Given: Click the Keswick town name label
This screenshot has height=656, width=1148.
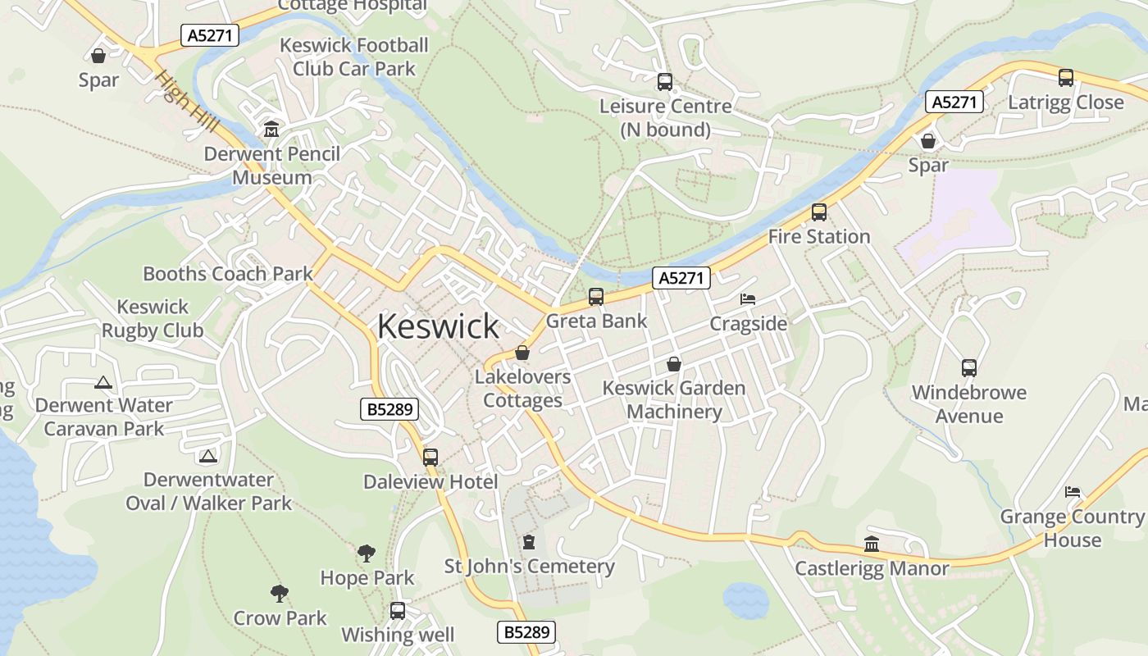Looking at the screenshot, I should click(438, 326).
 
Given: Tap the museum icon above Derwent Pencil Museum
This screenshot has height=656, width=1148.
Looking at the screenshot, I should click(271, 130).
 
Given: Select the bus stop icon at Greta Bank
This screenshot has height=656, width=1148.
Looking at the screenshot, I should click(596, 297).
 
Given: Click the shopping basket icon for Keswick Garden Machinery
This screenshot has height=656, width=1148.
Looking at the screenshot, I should click(674, 364).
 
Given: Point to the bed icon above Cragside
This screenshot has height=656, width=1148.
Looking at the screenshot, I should click(748, 299).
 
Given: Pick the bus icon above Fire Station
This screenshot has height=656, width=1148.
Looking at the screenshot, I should click(818, 212).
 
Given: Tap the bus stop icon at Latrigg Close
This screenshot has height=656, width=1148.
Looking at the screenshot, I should click(1066, 78).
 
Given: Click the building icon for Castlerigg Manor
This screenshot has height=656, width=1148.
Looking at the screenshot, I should click(872, 544).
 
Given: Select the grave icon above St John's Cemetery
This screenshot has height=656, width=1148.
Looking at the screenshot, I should click(529, 542).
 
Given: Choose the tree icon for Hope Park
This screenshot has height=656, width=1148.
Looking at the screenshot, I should click(367, 553).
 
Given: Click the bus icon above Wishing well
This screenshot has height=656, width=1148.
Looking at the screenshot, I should click(398, 611).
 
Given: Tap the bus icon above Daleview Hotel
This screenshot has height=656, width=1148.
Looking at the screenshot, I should click(430, 458).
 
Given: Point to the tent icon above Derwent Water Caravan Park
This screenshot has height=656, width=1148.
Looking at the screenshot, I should click(102, 382).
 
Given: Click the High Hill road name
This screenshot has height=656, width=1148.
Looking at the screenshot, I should click(188, 102).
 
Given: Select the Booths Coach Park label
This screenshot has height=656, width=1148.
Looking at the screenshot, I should click(228, 274).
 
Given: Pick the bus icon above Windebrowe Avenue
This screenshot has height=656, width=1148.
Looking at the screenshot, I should click(969, 368).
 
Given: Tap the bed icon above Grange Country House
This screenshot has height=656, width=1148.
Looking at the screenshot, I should click(1073, 492).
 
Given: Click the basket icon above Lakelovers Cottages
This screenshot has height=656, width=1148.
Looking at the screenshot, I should click(522, 353).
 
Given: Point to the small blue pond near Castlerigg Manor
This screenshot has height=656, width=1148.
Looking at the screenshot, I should click(746, 601).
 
